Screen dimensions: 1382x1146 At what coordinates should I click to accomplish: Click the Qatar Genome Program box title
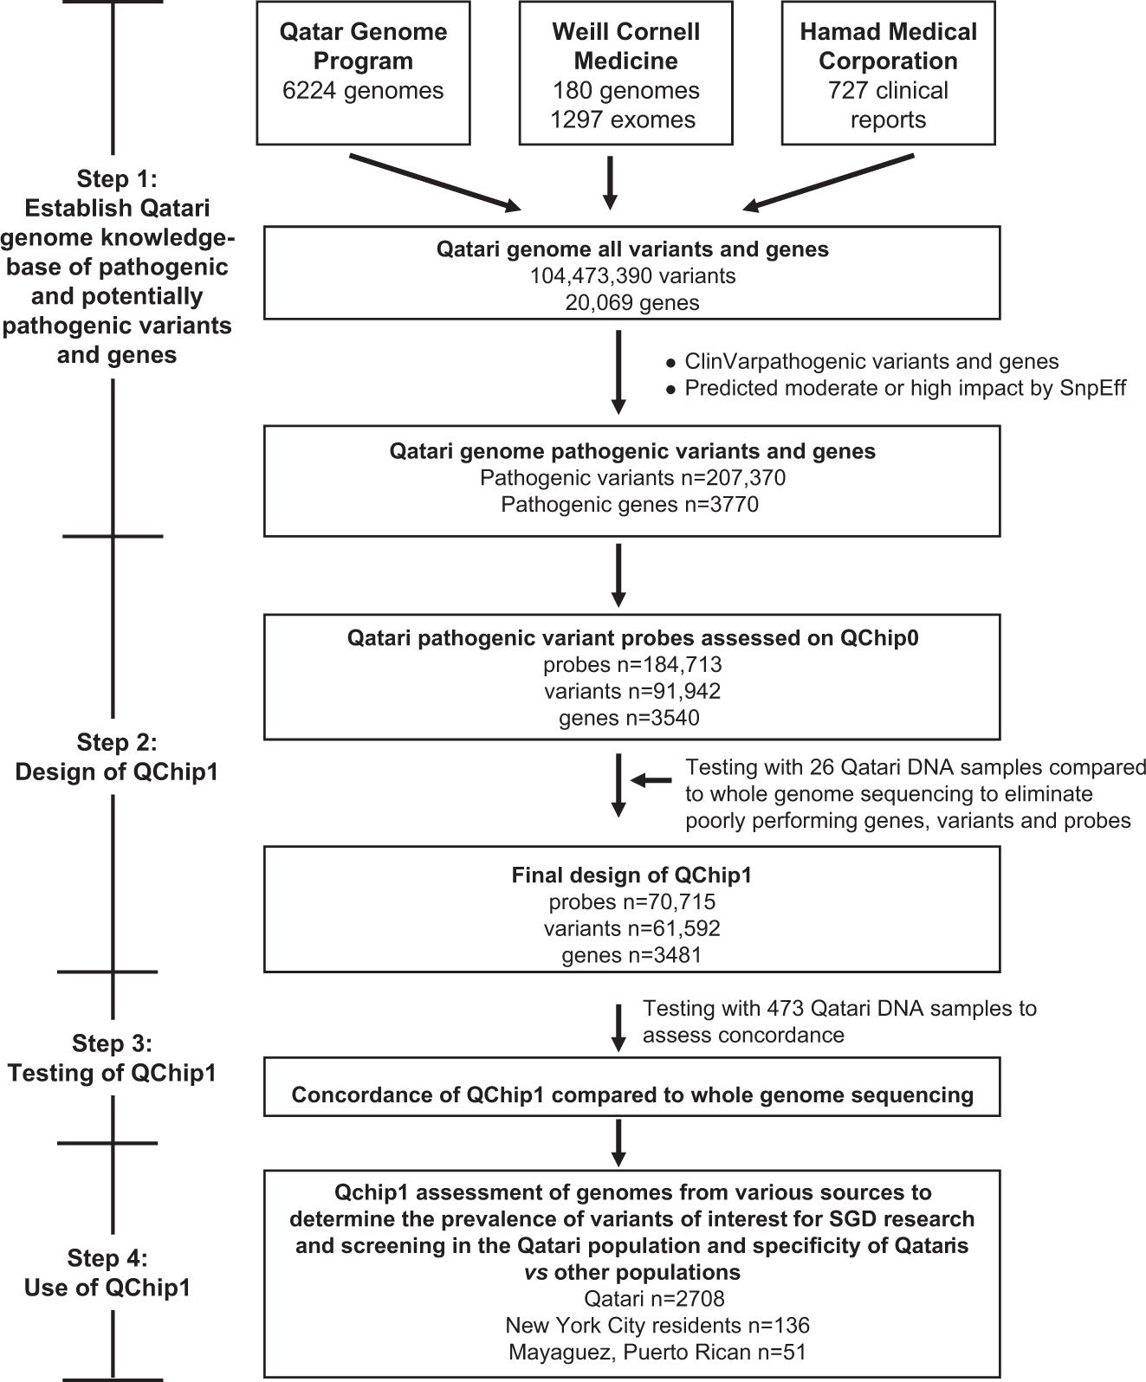[363, 47]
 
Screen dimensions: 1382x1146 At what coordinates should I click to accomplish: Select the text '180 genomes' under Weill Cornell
[626, 91]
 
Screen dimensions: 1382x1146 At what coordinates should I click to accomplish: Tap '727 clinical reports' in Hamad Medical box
[888, 105]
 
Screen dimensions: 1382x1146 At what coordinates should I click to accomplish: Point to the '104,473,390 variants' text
[632, 276]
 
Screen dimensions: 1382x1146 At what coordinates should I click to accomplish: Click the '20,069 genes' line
[632, 302]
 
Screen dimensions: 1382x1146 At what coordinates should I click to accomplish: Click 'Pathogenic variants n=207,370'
[632, 478]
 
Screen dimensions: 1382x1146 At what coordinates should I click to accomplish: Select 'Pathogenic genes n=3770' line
[630, 504]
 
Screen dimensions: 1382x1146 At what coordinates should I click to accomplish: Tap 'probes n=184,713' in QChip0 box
[632, 665]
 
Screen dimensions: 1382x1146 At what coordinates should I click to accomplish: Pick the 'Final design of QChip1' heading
[631, 875]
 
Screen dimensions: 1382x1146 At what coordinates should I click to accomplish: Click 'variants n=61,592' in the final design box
[632, 928]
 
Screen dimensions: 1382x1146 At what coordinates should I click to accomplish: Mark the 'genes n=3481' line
[631, 955]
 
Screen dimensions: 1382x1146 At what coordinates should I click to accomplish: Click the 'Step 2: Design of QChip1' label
[116, 757]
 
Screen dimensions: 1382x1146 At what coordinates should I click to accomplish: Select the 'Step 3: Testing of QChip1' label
[112, 1058]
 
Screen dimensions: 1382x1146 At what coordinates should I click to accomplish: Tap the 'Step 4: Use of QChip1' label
[107, 1273]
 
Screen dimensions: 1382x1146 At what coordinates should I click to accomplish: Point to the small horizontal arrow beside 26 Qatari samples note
[651, 781]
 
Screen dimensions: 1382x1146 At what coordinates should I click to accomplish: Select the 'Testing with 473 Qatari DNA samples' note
[838, 1022]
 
